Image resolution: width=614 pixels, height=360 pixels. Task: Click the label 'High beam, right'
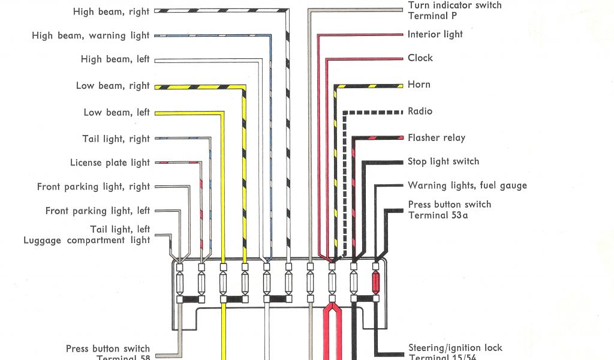(x=111, y=11)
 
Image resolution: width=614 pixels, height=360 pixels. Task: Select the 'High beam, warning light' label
(x=91, y=35)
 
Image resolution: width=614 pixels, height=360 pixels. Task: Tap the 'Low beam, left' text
(x=116, y=112)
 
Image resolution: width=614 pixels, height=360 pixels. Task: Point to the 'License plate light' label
(x=110, y=163)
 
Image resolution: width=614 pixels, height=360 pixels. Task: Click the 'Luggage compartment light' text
(x=86, y=240)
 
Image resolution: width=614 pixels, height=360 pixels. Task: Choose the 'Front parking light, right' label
(x=93, y=187)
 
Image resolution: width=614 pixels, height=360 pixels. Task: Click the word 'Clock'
(x=420, y=58)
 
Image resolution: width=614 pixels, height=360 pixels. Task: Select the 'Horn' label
(x=419, y=84)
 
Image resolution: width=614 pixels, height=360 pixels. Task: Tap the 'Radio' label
(x=420, y=111)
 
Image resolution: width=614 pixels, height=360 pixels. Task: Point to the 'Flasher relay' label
(x=436, y=137)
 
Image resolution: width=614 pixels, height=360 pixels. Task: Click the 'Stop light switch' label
(x=443, y=161)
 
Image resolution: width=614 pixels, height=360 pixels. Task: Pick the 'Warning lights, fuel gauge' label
(x=467, y=185)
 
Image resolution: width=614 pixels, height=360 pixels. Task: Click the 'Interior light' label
(x=435, y=34)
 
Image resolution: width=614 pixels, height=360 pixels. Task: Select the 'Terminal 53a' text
(x=438, y=215)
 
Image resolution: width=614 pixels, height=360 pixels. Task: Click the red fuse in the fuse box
(x=376, y=282)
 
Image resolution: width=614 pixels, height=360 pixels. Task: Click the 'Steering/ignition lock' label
(x=455, y=347)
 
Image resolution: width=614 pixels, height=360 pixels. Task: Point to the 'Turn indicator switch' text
(x=455, y=5)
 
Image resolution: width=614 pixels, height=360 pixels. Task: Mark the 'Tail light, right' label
(x=116, y=139)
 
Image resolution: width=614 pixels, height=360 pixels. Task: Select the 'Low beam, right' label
(x=112, y=86)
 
